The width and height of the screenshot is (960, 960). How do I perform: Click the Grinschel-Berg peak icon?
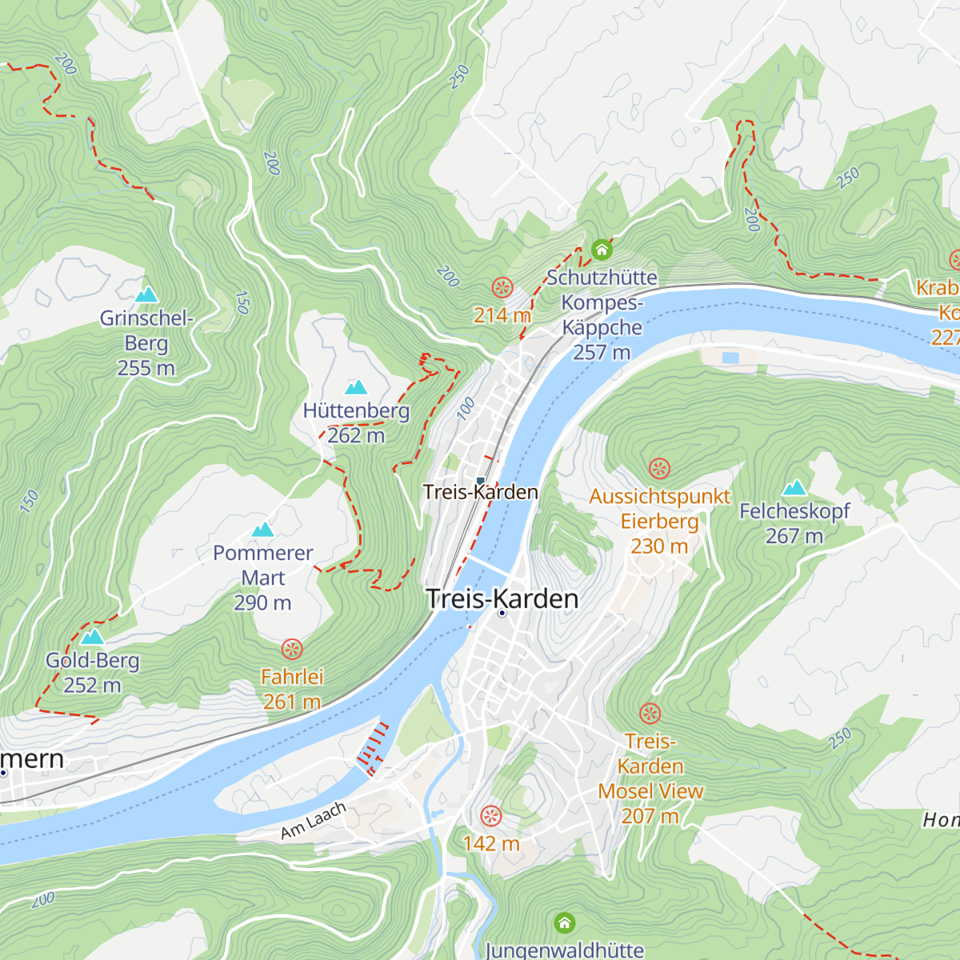(x=146, y=295)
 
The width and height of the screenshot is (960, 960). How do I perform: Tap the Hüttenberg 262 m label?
(x=356, y=423)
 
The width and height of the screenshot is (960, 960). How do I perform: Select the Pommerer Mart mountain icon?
(x=263, y=530)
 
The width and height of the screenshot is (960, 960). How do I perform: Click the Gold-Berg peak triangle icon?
(x=93, y=637)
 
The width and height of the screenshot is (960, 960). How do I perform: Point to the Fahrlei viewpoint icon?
(x=293, y=649)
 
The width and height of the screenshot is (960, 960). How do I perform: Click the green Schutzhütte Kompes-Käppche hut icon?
(x=602, y=250)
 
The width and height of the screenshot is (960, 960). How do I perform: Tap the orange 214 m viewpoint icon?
(x=502, y=288)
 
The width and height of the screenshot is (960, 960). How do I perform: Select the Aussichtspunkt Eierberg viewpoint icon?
(x=659, y=468)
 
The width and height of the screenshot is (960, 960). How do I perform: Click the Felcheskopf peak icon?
(x=794, y=488)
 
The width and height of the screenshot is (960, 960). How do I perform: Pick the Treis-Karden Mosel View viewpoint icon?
(x=650, y=713)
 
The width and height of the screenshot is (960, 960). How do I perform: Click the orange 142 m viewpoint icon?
(x=490, y=817)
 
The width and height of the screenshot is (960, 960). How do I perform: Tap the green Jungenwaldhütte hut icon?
(x=565, y=923)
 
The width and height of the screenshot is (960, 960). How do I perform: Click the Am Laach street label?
(x=314, y=821)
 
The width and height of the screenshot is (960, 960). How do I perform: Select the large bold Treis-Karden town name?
(x=502, y=598)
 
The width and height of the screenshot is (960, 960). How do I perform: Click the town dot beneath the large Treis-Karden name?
(x=502, y=614)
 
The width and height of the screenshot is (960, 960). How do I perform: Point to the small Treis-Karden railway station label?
(x=480, y=492)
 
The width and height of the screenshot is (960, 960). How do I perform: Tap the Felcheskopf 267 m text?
(x=794, y=523)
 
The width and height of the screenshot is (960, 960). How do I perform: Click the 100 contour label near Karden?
(x=466, y=408)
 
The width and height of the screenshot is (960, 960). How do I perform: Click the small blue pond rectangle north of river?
(x=731, y=358)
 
